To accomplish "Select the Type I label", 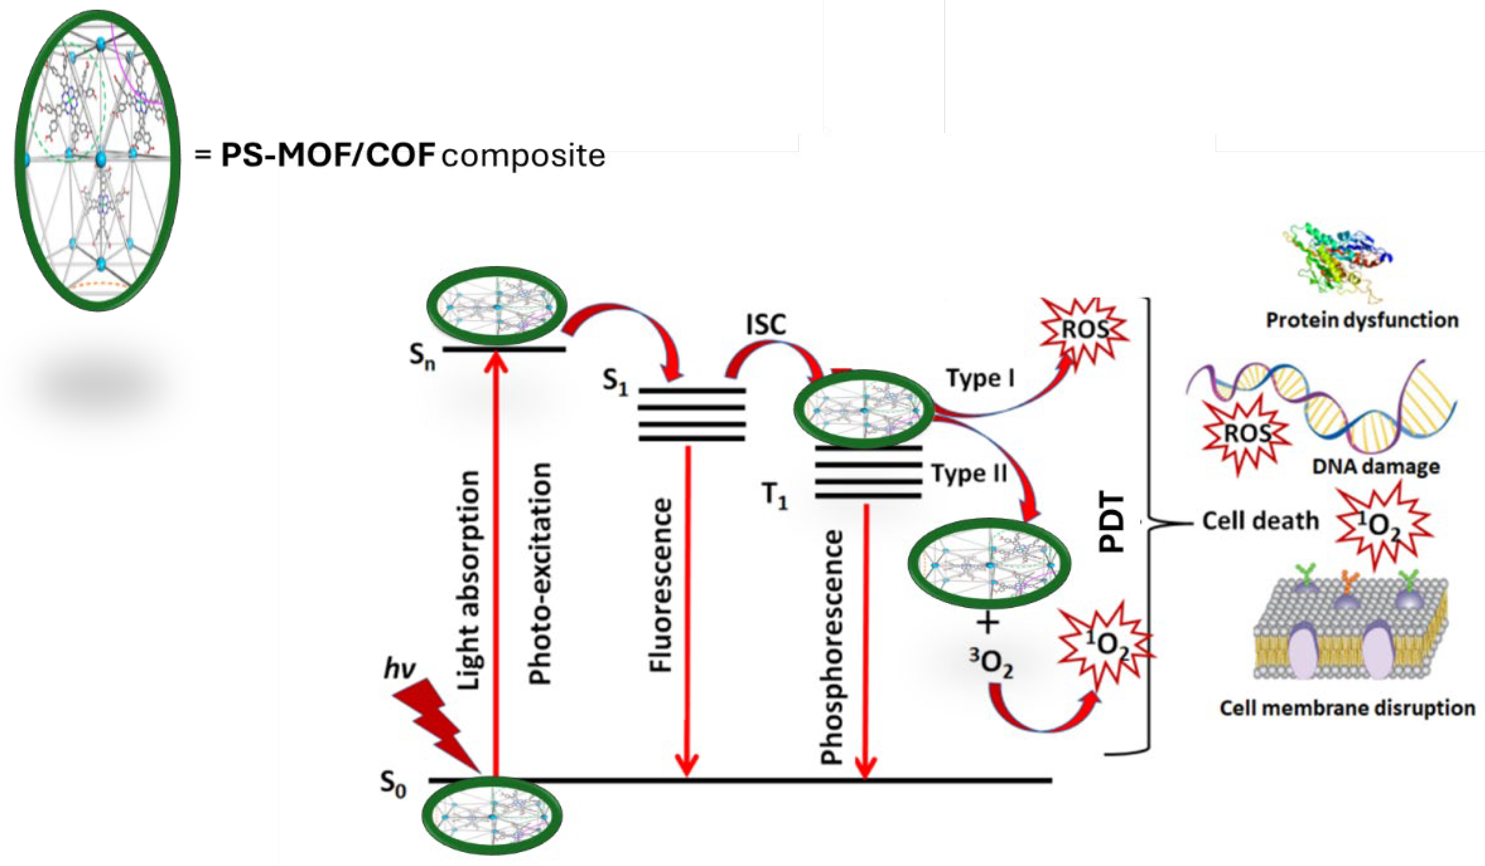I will point(981,378).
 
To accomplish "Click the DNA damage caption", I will point(1375,467).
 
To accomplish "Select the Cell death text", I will point(1260,521).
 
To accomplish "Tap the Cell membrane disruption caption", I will point(1347,707).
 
